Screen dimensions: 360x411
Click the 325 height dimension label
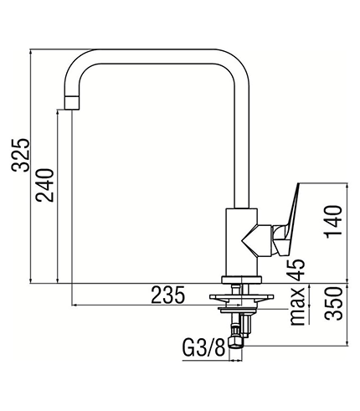pos(20,155)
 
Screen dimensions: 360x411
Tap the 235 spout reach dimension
pos(168,295)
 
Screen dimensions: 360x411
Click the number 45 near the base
pos(296,270)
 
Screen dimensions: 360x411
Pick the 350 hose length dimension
pos(334,303)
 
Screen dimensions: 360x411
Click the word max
pos(297,306)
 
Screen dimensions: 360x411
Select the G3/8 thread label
pos(203,347)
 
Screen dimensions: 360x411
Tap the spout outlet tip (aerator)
pos(72,102)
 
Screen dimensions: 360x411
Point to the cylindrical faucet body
pos(241,242)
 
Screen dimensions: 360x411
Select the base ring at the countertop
pos(242,280)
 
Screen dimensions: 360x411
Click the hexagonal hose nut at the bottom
pos(236,342)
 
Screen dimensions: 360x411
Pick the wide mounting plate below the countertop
pos(242,298)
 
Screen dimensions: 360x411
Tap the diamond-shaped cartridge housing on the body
pos(257,240)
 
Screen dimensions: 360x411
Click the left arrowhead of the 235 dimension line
pos(74,305)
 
